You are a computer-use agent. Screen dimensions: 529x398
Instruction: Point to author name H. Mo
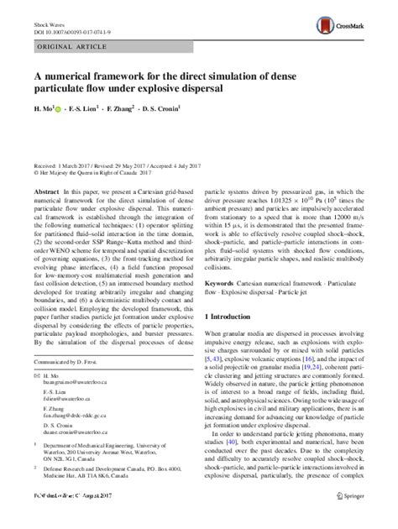pyautogui.click(x=41, y=107)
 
